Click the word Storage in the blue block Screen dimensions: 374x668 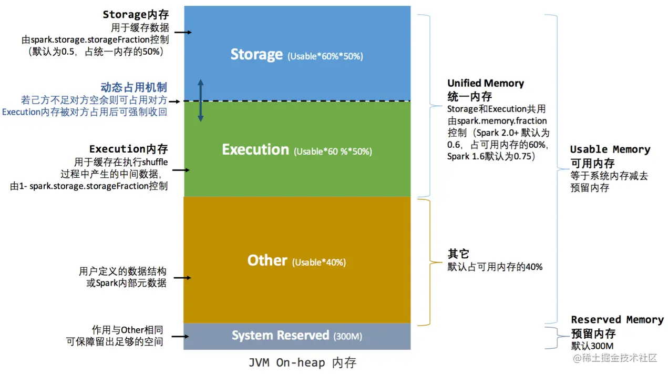coord(256,55)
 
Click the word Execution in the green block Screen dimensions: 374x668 coord(255,150)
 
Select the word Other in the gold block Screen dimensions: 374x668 coord(267,261)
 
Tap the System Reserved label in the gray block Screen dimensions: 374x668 coord(281,336)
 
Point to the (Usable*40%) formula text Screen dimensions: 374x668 coord(319,262)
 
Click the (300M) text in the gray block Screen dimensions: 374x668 coord(348,336)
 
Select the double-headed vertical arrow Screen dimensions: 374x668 coord(200,100)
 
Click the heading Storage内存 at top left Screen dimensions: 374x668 coord(136,15)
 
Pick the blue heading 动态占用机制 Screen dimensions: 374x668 coord(134,87)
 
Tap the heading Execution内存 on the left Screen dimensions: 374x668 coord(129,149)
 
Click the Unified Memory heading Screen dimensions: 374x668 coord(486,84)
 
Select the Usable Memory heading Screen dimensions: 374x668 coord(610,149)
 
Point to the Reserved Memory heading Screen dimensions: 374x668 coord(617,320)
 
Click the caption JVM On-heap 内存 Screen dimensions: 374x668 coord(302,363)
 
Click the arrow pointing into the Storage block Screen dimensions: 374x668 coord(182,33)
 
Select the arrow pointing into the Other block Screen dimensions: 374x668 coord(182,278)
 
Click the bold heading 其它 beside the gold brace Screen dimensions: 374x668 coord(458,254)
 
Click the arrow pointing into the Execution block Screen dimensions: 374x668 coord(180,170)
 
